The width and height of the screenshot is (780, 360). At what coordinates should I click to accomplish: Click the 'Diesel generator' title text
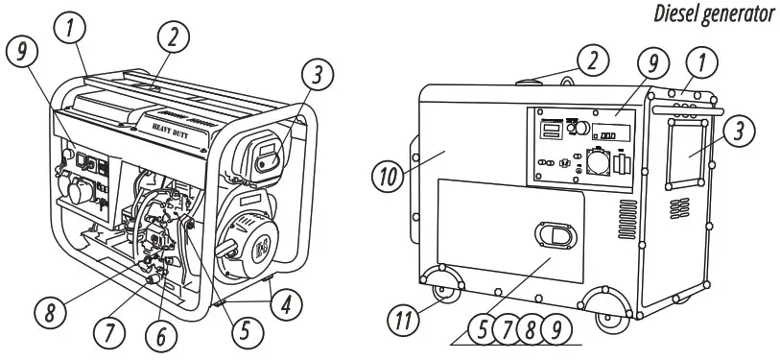[716, 14]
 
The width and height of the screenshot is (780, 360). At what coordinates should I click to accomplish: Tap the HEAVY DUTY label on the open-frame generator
[168, 124]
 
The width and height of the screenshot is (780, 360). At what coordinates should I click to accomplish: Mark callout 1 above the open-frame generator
[66, 29]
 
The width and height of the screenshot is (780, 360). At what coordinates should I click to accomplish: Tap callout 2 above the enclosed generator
[596, 60]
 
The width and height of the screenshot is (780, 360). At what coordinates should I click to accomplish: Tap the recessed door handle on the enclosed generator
[557, 235]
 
